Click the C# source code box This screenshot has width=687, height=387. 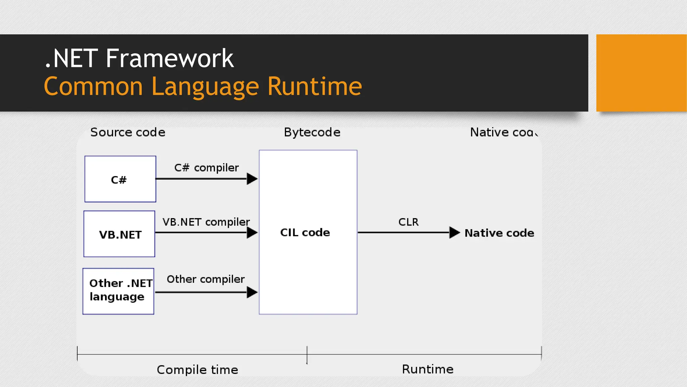(x=120, y=179)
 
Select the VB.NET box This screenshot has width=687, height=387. (x=119, y=234)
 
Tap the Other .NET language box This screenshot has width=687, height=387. (x=118, y=291)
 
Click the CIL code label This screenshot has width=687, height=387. (x=305, y=232)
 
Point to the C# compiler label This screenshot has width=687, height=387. (x=206, y=168)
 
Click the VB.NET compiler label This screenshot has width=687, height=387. (x=206, y=222)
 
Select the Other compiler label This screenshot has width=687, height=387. (x=206, y=279)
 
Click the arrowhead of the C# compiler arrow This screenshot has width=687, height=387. (x=252, y=179)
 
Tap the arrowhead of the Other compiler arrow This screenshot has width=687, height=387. (x=252, y=292)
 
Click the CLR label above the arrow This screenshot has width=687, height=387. (x=408, y=222)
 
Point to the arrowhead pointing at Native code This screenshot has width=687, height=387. (x=454, y=232)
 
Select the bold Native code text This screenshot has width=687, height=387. (x=499, y=233)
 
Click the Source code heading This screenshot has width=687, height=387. (x=127, y=132)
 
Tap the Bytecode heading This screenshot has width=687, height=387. (x=312, y=132)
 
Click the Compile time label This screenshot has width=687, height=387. (x=197, y=370)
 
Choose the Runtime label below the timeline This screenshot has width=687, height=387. (x=428, y=369)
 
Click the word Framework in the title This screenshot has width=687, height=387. (x=169, y=58)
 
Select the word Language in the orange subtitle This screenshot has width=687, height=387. (x=205, y=87)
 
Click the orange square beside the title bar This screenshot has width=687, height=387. (x=641, y=73)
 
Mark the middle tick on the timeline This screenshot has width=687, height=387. (x=307, y=355)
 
